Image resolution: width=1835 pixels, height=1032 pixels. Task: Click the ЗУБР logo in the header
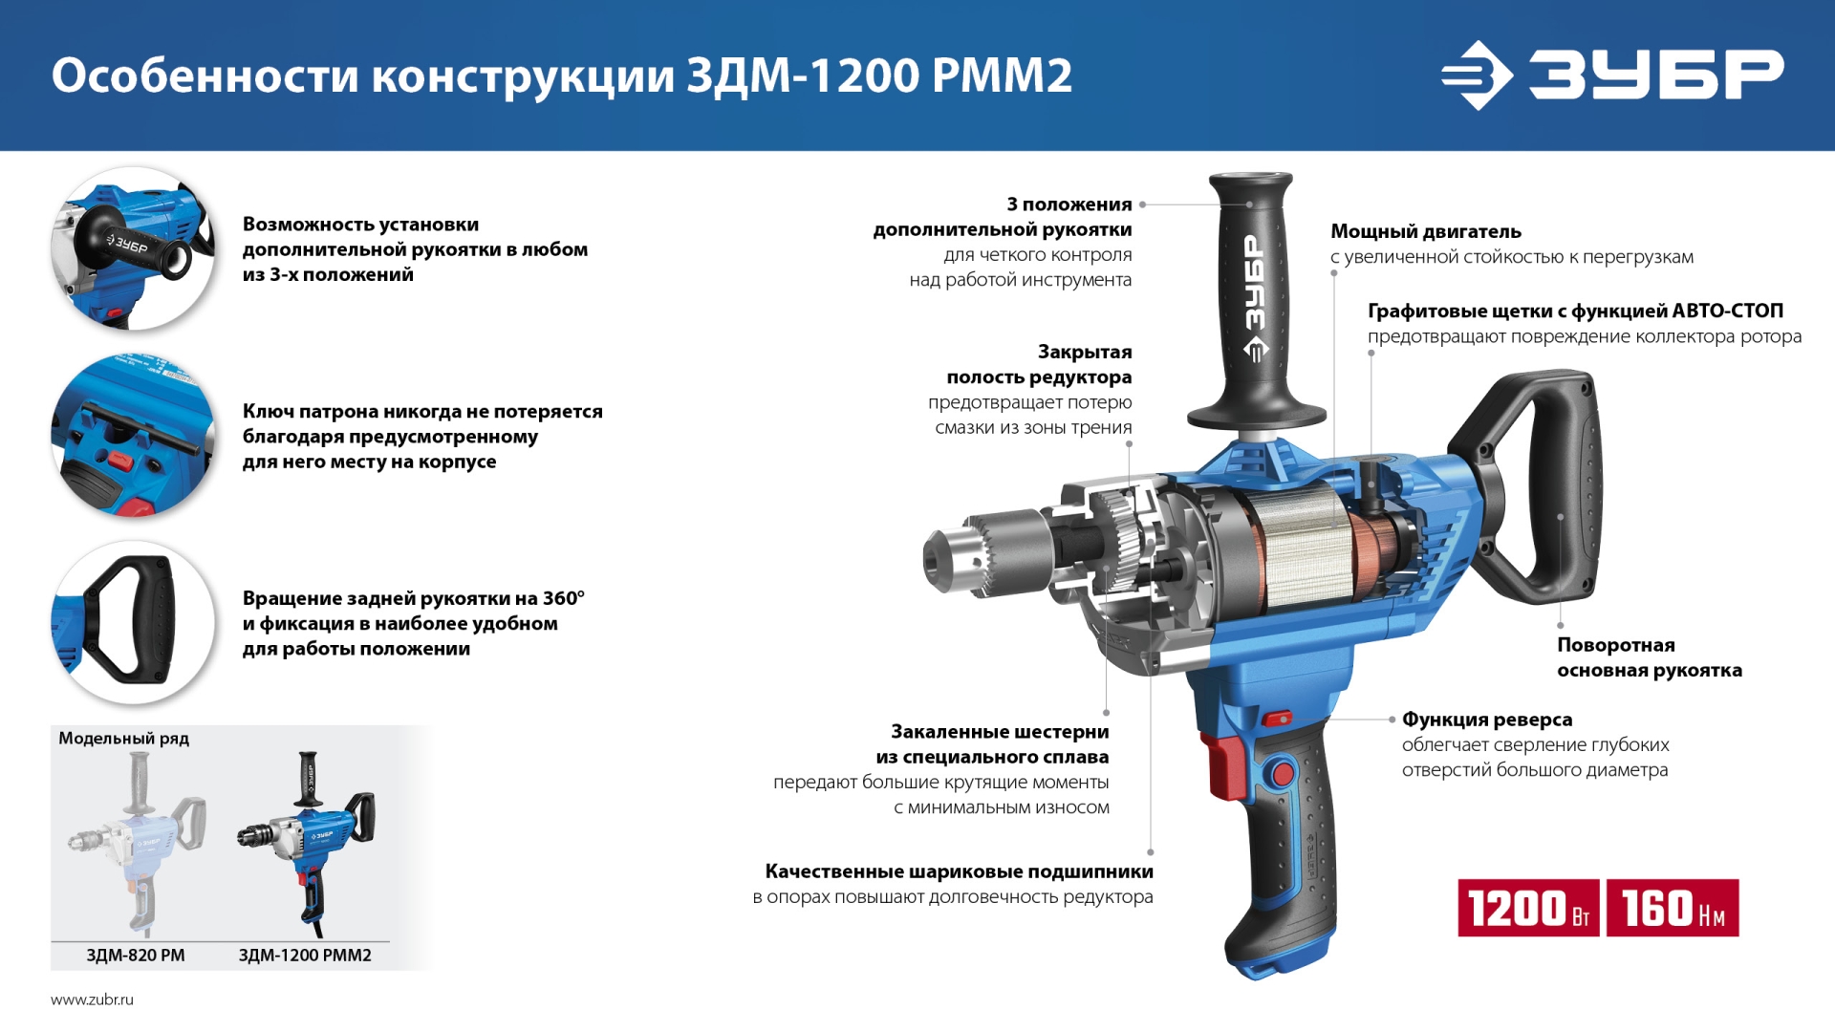[x=1611, y=75]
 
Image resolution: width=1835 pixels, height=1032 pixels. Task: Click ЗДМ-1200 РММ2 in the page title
[x=879, y=75]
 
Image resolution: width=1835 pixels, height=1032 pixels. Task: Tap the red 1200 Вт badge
[x=1527, y=908]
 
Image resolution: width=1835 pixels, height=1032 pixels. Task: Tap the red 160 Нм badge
[x=1673, y=908]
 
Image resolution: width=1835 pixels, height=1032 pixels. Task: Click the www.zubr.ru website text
[x=92, y=1000]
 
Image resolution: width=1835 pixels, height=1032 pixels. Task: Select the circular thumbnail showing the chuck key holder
[x=133, y=436]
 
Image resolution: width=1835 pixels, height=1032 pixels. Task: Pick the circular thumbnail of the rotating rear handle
[x=133, y=622]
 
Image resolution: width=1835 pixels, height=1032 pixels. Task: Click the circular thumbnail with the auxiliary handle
[x=133, y=248]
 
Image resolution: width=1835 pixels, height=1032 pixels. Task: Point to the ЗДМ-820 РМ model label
[x=136, y=955]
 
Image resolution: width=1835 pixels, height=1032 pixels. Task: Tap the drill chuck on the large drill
[x=984, y=554]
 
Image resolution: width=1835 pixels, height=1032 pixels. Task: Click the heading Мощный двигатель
[x=1425, y=231]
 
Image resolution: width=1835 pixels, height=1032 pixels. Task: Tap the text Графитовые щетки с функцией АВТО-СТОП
[x=1574, y=312]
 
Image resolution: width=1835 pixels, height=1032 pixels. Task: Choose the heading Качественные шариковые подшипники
[x=959, y=871]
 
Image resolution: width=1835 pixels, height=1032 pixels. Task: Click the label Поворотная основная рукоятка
[x=1649, y=657]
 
